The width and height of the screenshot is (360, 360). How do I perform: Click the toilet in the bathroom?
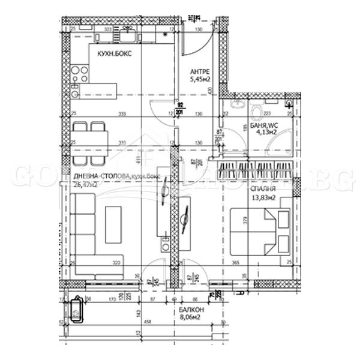(x=257, y=110)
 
